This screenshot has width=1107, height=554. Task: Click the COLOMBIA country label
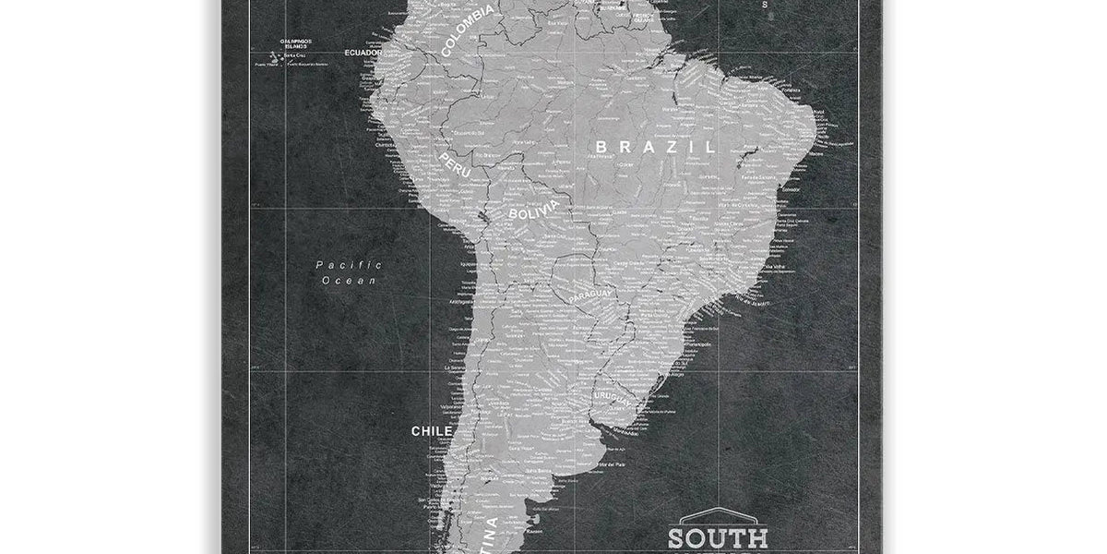468,30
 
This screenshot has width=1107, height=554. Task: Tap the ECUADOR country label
363,53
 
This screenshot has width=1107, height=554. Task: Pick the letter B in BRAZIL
601,147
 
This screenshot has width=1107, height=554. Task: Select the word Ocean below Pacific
349,280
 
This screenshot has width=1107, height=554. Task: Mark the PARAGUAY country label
591,295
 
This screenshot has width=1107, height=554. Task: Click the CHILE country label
432,430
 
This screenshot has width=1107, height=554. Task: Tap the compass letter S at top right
764,6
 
